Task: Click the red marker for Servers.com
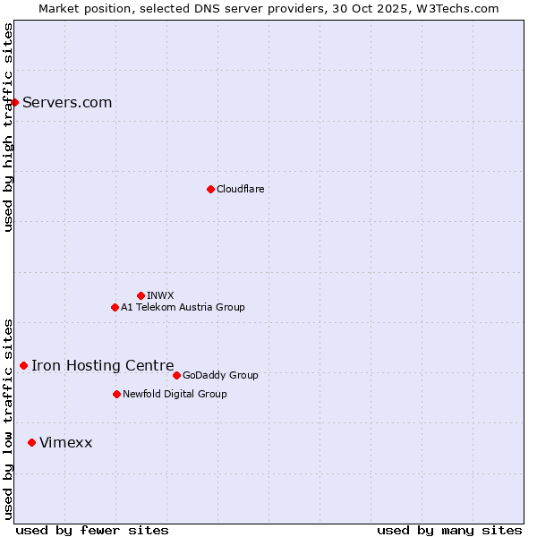pyautogui.click(x=15, y=102)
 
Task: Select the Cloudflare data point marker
pyautogui.click(x=210, y=189)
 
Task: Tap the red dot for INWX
pyautogui.click(x=141, y=295)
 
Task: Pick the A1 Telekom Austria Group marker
pyautogui.click(x=115, y=307)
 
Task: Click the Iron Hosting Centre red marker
pyautogui.click(x=23, y=365)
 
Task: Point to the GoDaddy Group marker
pyautogui.click(x=176, y=375)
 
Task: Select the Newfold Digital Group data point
pyautogui.click(x=116, y=394)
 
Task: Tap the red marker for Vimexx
pyautogui.click(x=31, y=442)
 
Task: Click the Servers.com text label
pyautogui.click(x=67, y=102)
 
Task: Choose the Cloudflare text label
pyautogui.click(x=240, y=189)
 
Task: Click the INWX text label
pyautogui.click(x=160, y=295)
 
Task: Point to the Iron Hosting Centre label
pyautogui.click(x=102, y=365)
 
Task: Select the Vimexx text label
pyautogui.click(x=65, y=442)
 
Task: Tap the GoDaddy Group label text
pyautogui.click(x=220, y=375)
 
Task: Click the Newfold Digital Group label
pyautogui.click(x=175, y=394)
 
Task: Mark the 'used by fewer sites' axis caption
pyautogui.click(x=92, y=530)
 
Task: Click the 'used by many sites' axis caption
pyautogui.click(x=449, y=530)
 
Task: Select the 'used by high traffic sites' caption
pyautogui.click(x=8, y=127)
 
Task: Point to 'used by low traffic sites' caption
pyautogui.click(x=8, y=418)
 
